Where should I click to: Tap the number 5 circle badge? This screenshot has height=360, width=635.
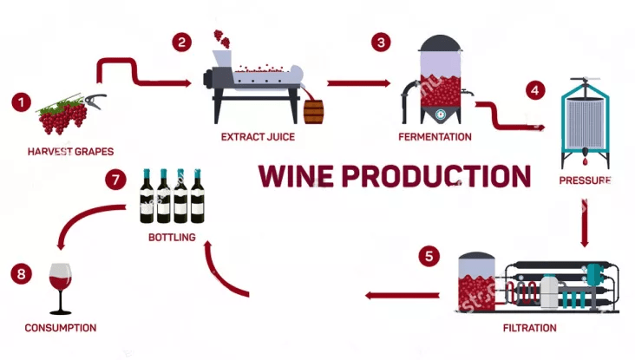(428, 256)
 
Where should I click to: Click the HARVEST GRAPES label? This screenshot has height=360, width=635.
(70, 151)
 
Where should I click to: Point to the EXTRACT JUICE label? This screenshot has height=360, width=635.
(258, 137)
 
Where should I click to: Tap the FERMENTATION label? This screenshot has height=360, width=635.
(435, 137)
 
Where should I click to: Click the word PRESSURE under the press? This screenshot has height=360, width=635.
(585, 180)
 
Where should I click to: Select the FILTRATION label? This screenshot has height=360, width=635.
(529, 328)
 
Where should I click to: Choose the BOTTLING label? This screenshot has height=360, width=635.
(171, 236)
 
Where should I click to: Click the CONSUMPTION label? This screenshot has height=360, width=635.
(60, 328)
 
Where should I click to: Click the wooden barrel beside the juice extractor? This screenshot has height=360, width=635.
(313, 111)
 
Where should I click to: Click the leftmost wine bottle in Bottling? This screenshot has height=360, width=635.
(148, 195)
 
